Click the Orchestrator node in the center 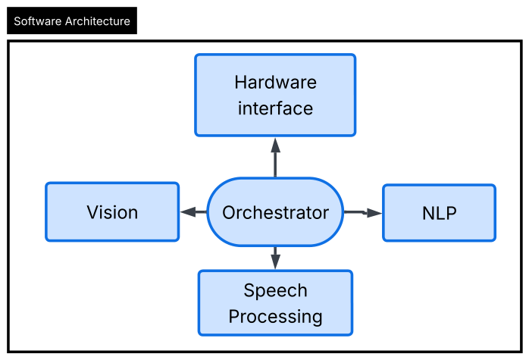275,212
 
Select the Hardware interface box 275,95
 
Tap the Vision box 112,212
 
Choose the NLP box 440,213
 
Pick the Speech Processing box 275,303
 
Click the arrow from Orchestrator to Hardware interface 275,157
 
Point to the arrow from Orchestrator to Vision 193,212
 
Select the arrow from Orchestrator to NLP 363,212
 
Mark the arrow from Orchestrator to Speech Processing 275,258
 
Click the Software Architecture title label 72,20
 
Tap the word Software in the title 37,21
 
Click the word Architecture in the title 98,21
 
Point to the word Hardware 276,83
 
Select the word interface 275,108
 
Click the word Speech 275,291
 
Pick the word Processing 275,317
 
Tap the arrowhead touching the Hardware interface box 275,145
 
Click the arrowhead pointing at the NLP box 374,213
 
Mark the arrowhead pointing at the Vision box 188,212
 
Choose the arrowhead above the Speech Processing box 275,261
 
